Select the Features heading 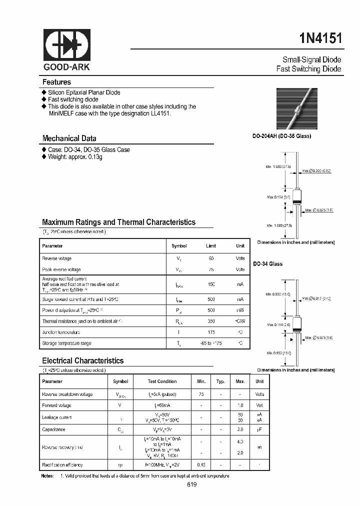pos(56,82)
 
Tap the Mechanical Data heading pos(69,138)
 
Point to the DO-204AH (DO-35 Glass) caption pos(281,136)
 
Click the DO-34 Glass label pos(267,263)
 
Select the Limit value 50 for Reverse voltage pos(211,258)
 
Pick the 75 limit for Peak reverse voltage pos(211,269)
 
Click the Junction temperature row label pos(61,332)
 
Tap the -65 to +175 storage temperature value pos(211,343)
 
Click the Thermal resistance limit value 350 pos(211,321)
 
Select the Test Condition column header pos(163,381)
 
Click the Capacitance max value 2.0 pos(240,429)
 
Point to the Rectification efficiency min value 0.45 pos(201,465)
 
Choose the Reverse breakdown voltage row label pos(67,394)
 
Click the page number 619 pos(192,484)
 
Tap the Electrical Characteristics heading pos(82,360)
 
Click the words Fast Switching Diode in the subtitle pos(308,69)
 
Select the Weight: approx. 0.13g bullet pos(75,157)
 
